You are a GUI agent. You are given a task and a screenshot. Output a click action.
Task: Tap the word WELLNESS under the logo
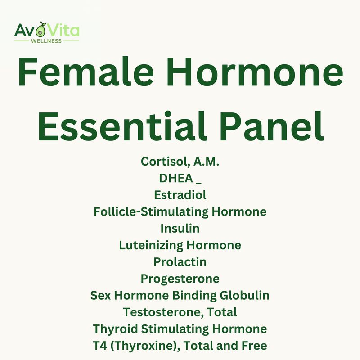46,41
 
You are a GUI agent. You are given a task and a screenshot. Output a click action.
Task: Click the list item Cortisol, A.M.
180,162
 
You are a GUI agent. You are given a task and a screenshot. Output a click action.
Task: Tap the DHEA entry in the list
175,178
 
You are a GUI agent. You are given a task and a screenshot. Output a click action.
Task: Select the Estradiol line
180,195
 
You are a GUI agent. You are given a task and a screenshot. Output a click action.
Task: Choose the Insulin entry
180,228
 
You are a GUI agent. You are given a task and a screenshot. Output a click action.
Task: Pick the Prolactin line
180,261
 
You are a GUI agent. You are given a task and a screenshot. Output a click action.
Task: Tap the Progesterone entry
180,279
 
